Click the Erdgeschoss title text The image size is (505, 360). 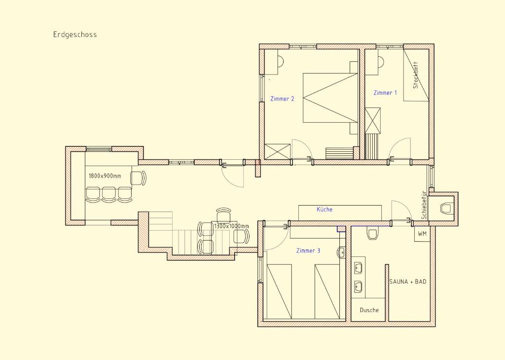[x=75, y=35]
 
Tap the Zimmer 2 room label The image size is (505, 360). [x=282, y=99]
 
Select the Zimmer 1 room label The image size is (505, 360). [x=385, y=93]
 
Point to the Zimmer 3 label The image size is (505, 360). [x=308, y=251]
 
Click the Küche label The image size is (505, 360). [x=325, y=209]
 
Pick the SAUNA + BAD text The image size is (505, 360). [x=408, y=282]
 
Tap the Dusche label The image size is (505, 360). [x=369, y=310]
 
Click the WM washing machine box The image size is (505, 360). [x=422, y=234]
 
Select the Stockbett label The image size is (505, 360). [x=415, y=75]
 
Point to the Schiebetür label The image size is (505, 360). [x=424, y=205]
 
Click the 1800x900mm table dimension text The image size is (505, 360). [x=105, y=176]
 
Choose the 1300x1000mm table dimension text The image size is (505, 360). [x=232, y=226]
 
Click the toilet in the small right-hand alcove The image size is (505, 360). [x=446, y=208]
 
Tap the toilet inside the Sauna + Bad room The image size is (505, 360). [x=373, y=234]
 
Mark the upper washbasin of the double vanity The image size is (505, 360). [x=358, y=267]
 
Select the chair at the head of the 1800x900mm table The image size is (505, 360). [x=138, y=178]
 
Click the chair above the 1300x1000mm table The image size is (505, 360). [x=224, y=215]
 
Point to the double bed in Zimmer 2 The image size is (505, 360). [x=330, y=98]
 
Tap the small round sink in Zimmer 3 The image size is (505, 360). [x=341, y=253]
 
